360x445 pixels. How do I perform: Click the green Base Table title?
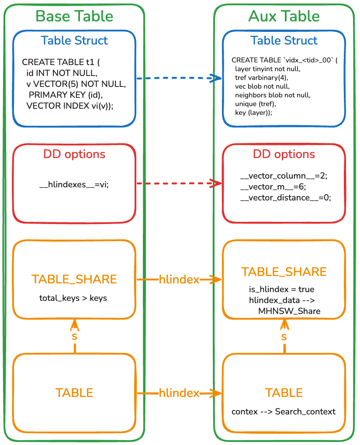(74, 16)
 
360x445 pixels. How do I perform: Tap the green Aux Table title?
(284, 16)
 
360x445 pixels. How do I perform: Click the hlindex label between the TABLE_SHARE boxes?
(179, 279)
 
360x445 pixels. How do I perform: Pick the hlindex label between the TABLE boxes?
(179, 393)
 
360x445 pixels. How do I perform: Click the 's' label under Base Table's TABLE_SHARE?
(74, 337)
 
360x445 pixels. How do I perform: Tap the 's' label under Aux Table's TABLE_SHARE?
(284, 337)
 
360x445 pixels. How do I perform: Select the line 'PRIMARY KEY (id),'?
(68, 94)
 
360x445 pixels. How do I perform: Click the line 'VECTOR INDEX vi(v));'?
(70, 105)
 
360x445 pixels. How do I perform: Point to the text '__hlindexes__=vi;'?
(74, 185)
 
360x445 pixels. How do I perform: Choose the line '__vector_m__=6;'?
(273, 187)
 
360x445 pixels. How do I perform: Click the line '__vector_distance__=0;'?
(286, 198)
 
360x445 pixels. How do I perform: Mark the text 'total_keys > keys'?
(73, 299)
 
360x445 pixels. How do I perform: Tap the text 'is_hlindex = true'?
(281, 290)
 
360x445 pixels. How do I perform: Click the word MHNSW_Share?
(289, 311)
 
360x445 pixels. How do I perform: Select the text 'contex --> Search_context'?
(284, 412)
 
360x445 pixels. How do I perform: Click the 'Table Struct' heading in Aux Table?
(284, 41)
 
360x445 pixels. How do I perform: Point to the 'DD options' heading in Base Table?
(74, 154)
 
